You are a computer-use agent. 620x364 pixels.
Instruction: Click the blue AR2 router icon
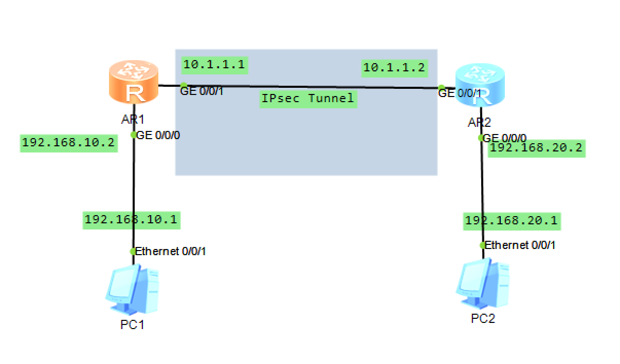pyautogui.click(x=480, y=85)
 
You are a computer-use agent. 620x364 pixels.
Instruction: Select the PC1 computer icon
pyautogui.click(x=132, y=290)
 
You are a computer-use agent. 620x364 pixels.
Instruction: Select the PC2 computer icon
pyautogui.click(x=482, y=284)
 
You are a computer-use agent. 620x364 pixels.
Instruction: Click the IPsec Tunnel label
pyautogui.click(x=308, y=98)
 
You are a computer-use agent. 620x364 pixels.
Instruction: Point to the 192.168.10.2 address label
pyautogui.click(x=69, y=143)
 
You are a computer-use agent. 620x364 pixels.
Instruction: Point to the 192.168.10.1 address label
pyautogui.click(x=131, y=219)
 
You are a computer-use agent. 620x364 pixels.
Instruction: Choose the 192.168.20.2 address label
pyautogui.click(x=536, y=148)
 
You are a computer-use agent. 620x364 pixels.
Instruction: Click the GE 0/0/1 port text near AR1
pyautogui.click(x=202, y=91)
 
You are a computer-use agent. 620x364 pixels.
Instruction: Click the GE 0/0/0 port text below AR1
pyautogui.click(x=158, y=135)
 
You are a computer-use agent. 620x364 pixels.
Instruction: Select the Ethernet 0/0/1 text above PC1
pyautogui.click(x=170, y=252)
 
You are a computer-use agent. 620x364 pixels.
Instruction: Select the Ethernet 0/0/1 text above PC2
pyautogui.click(x=520, y=245)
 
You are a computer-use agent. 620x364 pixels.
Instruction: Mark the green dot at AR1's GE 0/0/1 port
pyautogui.click(x=183, y=86)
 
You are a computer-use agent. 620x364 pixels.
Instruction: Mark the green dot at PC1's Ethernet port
pyautogui.click(x=133, y=252)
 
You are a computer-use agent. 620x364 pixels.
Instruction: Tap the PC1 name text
pyautogui.click(x=132, y=324)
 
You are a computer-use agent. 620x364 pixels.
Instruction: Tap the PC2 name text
pyautogui.click(x=483, y=319)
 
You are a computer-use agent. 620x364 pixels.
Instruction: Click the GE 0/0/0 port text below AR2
pyautogui.click(x=505, y=138)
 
